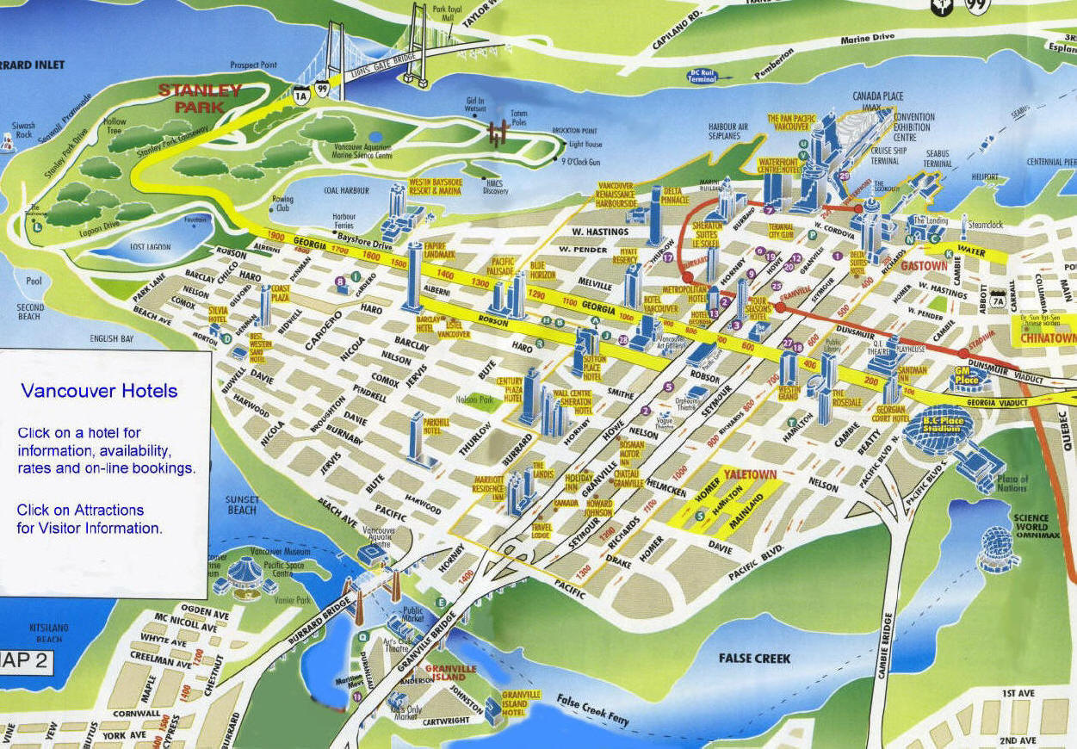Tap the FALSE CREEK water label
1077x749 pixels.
click(754, 658)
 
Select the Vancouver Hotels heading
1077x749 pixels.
click(99, 391)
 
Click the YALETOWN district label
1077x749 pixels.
click(750, 474)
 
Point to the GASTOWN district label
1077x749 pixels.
click(923, 267)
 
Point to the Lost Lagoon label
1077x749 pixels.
click(151, 246)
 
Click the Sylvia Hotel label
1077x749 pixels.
click(218, 314)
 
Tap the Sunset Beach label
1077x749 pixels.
click(242, 504)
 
